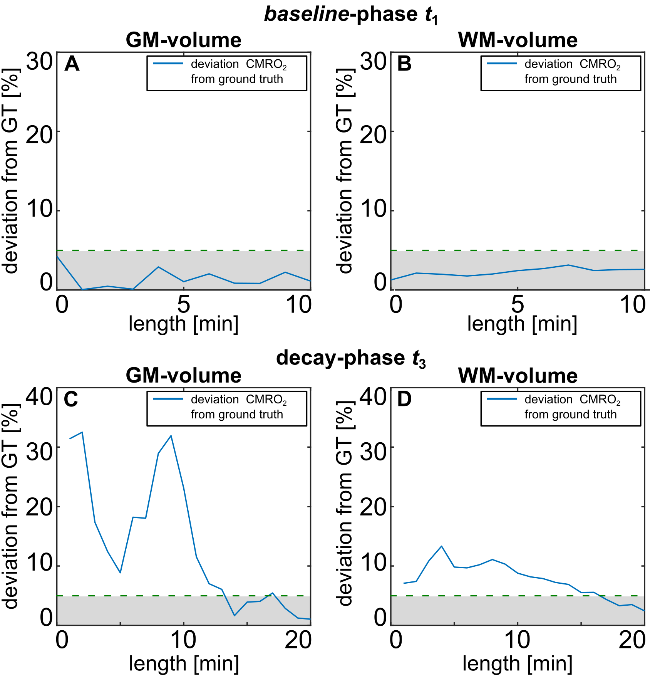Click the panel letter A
point(72,64)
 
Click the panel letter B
point(404,64)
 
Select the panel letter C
point(71,400)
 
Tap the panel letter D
point(404,400)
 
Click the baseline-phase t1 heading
point(351,15)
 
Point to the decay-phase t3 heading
point(351,358)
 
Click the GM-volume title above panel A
point(183,40)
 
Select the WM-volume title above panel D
point(518,376)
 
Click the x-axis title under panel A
point(183,324)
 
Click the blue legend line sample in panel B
point(502,64)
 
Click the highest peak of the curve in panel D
point(442,546)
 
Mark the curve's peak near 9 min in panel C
point(171,436)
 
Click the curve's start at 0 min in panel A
point(57,256)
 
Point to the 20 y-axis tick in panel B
point(373,136)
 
